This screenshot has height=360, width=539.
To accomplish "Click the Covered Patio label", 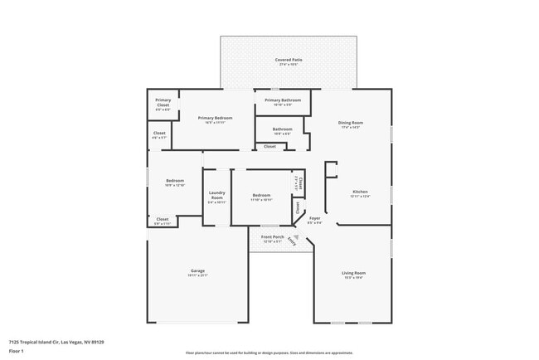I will (x=289, y=60).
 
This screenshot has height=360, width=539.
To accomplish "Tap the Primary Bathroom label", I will (x=283, y=100).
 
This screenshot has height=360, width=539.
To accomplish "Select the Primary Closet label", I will (x=163, y=103).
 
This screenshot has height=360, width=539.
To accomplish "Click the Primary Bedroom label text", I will (x=215, y=118).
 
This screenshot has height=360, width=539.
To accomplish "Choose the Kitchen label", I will (x=359, y=192).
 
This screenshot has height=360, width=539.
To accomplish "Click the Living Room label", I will (x=353, y=273).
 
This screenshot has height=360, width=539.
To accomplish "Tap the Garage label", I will (x=197, y=270).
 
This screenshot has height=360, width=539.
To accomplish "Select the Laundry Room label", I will (x=216, y=196).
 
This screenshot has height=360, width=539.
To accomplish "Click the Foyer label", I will (x=315, y=219).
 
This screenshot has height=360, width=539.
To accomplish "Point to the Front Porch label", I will (x=273, y=237).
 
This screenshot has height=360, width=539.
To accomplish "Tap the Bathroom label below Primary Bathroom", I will (x=283, y=129).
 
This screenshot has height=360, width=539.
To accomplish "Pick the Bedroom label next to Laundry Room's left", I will (x=174, y=180).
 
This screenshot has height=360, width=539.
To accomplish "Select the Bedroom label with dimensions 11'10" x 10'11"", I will (x=261, y=195).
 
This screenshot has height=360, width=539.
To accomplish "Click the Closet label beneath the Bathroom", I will (x=269, y=146).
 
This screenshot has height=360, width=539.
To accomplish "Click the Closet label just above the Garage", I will (x=162, y=219).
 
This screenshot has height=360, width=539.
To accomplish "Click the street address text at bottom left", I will (x=56, y=341).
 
